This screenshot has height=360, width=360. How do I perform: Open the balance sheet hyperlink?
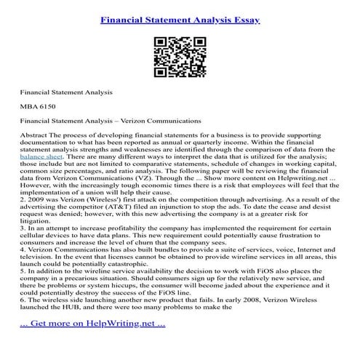pyautogui.click(x=41, y=156)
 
